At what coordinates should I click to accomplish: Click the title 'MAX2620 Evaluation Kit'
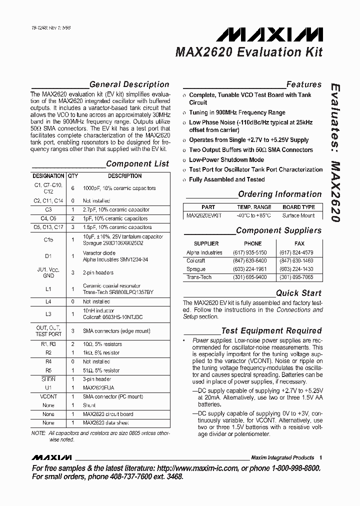coord(248,52)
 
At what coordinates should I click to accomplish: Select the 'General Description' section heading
coord(129,84)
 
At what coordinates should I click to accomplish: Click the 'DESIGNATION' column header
coord(48,176)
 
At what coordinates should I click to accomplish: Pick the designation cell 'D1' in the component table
coord(48,256)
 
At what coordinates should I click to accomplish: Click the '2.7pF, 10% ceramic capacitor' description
coord(116,210)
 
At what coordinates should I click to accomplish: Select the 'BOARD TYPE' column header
coord(298,207)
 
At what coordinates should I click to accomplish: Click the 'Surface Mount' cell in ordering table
coord(298,215)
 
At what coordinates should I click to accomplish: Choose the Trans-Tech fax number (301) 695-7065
coord(296,277)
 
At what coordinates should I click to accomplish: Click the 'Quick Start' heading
coord(298,293)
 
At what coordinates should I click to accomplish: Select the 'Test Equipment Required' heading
coord(271,330)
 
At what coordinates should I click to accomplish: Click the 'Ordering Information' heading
coord(279,194)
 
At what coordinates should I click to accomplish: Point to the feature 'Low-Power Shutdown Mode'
coord(226,160)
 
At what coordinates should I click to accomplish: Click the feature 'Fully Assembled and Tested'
coord(226,179)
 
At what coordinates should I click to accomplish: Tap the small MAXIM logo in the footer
coord(51,457)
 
